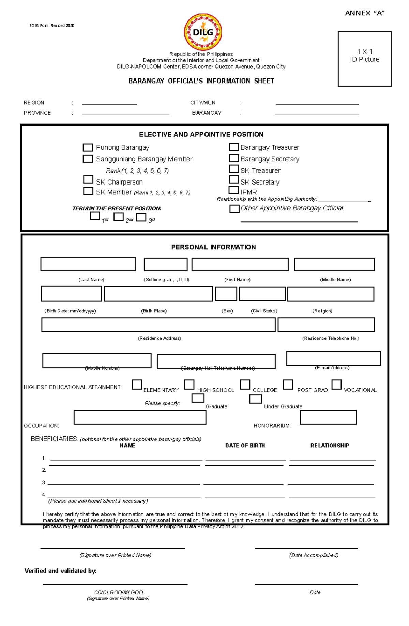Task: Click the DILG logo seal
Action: pyautogui.click(x=203, y=32)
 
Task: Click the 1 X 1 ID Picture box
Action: pyautogui.click(x=364, y=59)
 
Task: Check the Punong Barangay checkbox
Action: pyautogui.click(x=88, y=147)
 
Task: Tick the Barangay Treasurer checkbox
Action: pyautogui.click(x=234, y=147)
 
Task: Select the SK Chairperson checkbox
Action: pyautogui.click(x=88, y=179)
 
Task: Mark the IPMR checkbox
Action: pyautogui.click(x=234, y=190)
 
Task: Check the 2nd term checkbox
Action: pyautogui.click(x=119, y=217)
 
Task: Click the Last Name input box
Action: pyautogui.click(x=88, y=264)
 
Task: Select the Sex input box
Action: pyautogui.click(x=226, y=294)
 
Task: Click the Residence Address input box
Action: pyautogui.click(x=158, y=324)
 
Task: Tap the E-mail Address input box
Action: pyautogui.click(x=333, y=359)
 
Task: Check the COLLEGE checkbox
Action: pyautogui.click(x=245, y=384)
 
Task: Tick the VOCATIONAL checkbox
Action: pyautogui.click(x=336, y=384)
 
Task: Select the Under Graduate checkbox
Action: pyautogui.click(x=256, y=399)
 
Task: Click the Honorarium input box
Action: pyautogui.click(x=328, y=418)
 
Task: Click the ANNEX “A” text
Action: pyautogui.click(x=365, y=13)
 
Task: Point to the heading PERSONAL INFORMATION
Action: pyautogui.click(x=213, y=247)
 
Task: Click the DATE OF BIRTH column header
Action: pyautogui.click(x=245, y=446)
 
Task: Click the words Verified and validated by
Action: pyautogui.click(x=60, y=571)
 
